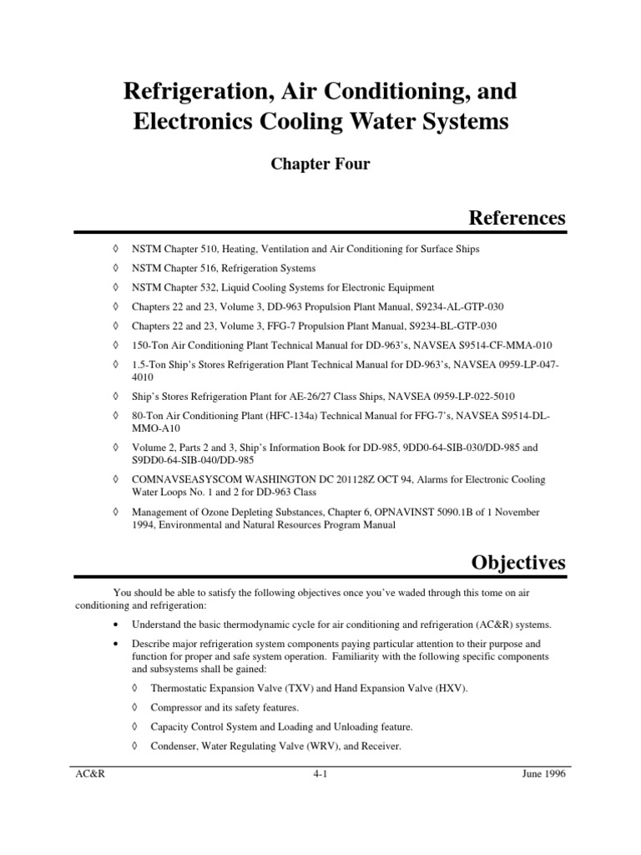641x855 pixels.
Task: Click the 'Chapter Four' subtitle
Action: pos(320,164)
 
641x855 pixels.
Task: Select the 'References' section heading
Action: pos(517,218)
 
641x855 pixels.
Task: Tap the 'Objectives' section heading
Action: pos(518,563)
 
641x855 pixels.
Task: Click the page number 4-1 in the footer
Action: pos(320,774)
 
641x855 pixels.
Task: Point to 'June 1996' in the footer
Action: pos(541,774)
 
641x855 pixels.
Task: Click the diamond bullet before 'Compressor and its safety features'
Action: pos(135,707)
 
